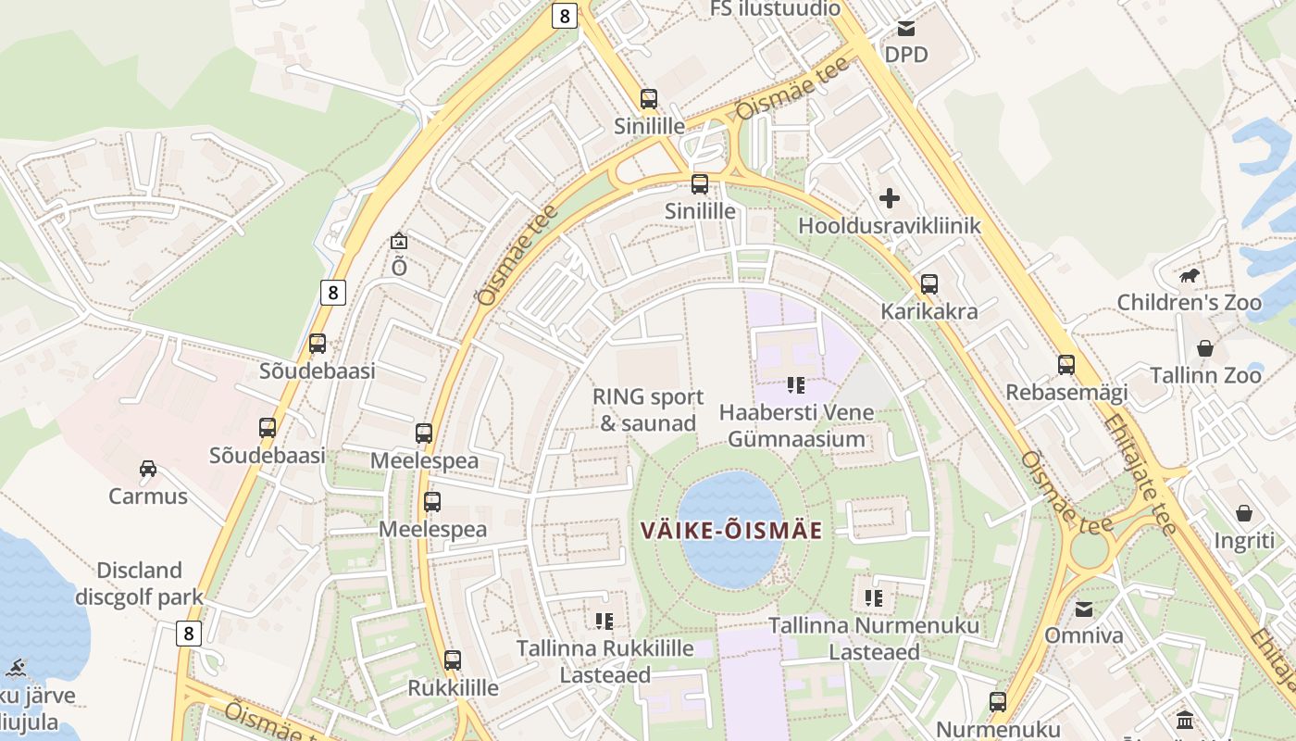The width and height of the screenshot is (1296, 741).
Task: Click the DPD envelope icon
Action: click(905, 28)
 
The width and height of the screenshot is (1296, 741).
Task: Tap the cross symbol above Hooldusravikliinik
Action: click(889, 197)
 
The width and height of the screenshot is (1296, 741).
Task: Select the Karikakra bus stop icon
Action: click(928, 283)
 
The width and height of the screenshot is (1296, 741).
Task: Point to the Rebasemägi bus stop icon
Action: click(1066, 365)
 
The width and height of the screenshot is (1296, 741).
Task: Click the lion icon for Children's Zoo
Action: click(1190, 275)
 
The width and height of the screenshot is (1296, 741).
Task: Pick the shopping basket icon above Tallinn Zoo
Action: click(1205, 348)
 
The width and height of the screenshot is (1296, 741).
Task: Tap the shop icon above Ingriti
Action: click(1244, 513)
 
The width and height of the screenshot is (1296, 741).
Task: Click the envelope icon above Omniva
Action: click(1083, 609)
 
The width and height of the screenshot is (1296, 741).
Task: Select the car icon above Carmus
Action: click(148, 469)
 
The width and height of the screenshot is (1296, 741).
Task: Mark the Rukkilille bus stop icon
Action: click(453, 660)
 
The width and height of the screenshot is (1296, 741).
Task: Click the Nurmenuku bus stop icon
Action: click(997, 701)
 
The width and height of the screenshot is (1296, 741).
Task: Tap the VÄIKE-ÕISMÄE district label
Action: click(731, 531)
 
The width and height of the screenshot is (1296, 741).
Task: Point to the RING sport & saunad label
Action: click(648, 410)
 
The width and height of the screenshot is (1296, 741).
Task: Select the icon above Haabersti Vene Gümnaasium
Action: click(795, 384)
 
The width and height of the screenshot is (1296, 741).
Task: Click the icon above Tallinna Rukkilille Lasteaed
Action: click(604, 621)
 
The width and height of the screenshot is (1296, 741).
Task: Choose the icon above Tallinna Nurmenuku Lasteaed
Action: click(873, 598)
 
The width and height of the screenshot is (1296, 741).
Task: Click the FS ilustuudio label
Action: click(775, 9)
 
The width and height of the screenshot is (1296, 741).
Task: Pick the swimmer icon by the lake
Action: click(15, 668)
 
